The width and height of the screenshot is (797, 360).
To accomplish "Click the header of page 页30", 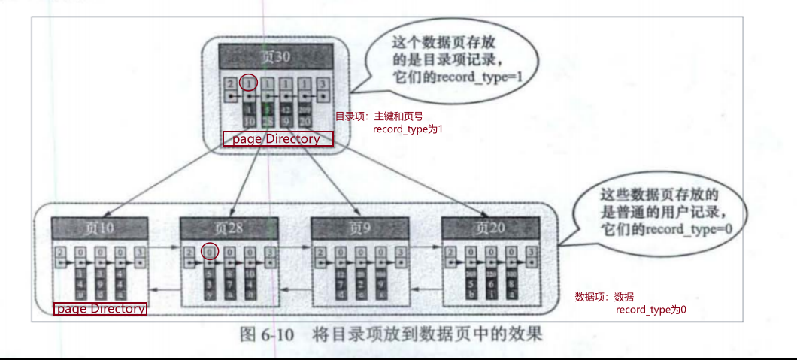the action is (275, 57).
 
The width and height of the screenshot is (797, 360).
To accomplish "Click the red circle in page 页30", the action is (248, 83).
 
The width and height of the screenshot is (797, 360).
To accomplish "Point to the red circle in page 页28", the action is (210, 250).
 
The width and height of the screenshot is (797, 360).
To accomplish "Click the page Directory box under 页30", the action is (276, 139).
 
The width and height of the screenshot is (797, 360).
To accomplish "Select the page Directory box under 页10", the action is (101, 309).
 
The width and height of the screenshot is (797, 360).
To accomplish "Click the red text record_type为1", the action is (408, 129).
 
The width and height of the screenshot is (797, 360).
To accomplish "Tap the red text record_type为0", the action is (651, 310).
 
